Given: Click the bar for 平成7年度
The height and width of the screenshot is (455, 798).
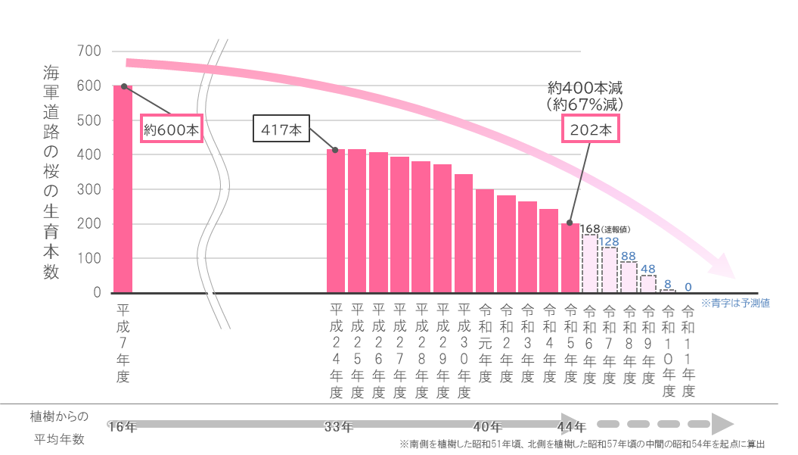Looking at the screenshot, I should [123, 189].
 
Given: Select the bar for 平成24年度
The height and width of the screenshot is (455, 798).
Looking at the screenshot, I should [335, 220].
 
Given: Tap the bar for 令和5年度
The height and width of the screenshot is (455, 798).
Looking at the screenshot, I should [570, 257].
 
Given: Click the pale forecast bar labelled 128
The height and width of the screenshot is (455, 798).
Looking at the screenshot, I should [609, 270].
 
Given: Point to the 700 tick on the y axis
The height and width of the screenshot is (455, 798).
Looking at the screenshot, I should [89, 51].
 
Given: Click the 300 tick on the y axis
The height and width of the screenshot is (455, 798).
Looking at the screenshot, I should [89, 189].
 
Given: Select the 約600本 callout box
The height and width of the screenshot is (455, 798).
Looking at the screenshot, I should [172, 130].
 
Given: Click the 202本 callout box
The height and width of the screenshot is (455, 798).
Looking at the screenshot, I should [592, 130].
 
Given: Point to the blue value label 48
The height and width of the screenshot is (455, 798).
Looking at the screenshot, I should [647, 269].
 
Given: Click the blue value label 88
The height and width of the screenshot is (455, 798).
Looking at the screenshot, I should [628, 256].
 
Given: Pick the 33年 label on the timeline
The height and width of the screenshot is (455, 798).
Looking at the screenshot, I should [338, 427].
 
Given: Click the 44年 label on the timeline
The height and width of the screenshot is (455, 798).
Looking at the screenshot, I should [571, 427].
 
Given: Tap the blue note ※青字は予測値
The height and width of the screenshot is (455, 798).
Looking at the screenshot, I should [734, 303].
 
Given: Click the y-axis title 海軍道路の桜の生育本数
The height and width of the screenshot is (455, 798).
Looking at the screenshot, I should [51, 173].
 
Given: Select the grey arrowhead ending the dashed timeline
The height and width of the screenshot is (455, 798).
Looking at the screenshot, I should [724, 423].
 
